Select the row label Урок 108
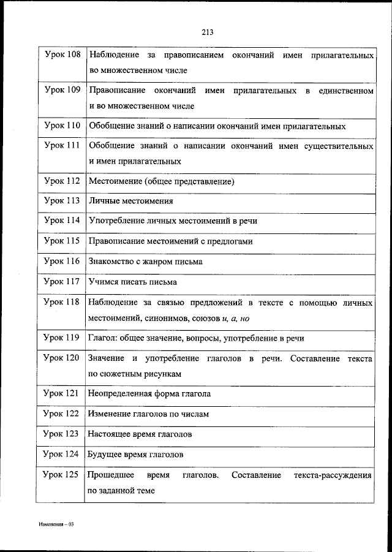point(62,55)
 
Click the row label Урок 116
point(62,260)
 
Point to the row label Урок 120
point(62,358)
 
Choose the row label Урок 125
point(62,475)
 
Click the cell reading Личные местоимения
point(131,200)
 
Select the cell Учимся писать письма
point(133,282)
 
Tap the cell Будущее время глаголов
point(136,455)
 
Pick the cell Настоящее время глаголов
point(140,434)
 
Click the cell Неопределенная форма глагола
point(150,393)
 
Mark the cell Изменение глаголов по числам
point(149,414)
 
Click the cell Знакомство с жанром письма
point(146,261)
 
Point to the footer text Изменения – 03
point(55,526)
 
